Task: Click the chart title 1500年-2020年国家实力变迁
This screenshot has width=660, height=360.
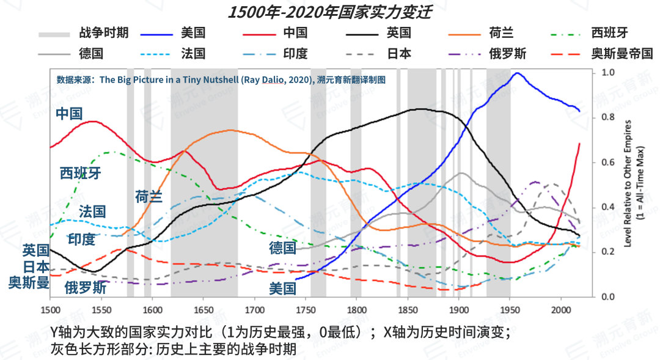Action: point(329,13)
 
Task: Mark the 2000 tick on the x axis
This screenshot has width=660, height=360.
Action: point(560,309)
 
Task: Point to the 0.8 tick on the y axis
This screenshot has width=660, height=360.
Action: point(607,117)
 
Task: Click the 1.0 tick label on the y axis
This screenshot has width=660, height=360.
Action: point(607,73)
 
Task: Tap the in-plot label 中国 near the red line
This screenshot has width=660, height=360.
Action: point(68,113)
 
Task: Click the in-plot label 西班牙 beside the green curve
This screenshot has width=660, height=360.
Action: point(80,173)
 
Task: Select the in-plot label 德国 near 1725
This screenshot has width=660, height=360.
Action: point(282,248)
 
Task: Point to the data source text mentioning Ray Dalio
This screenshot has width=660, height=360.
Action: point(221,79)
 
